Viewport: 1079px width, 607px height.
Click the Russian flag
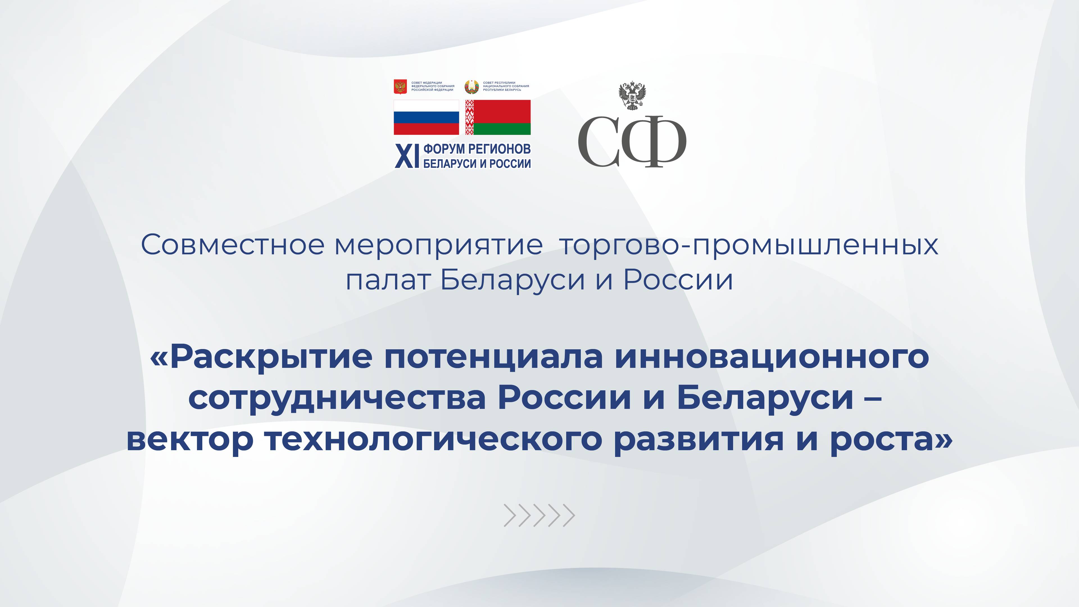point(426,117)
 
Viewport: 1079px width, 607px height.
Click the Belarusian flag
point(498,117)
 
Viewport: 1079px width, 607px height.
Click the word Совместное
point(232,245)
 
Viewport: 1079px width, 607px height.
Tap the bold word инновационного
point(772,357)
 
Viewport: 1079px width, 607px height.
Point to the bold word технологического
point(433,440)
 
